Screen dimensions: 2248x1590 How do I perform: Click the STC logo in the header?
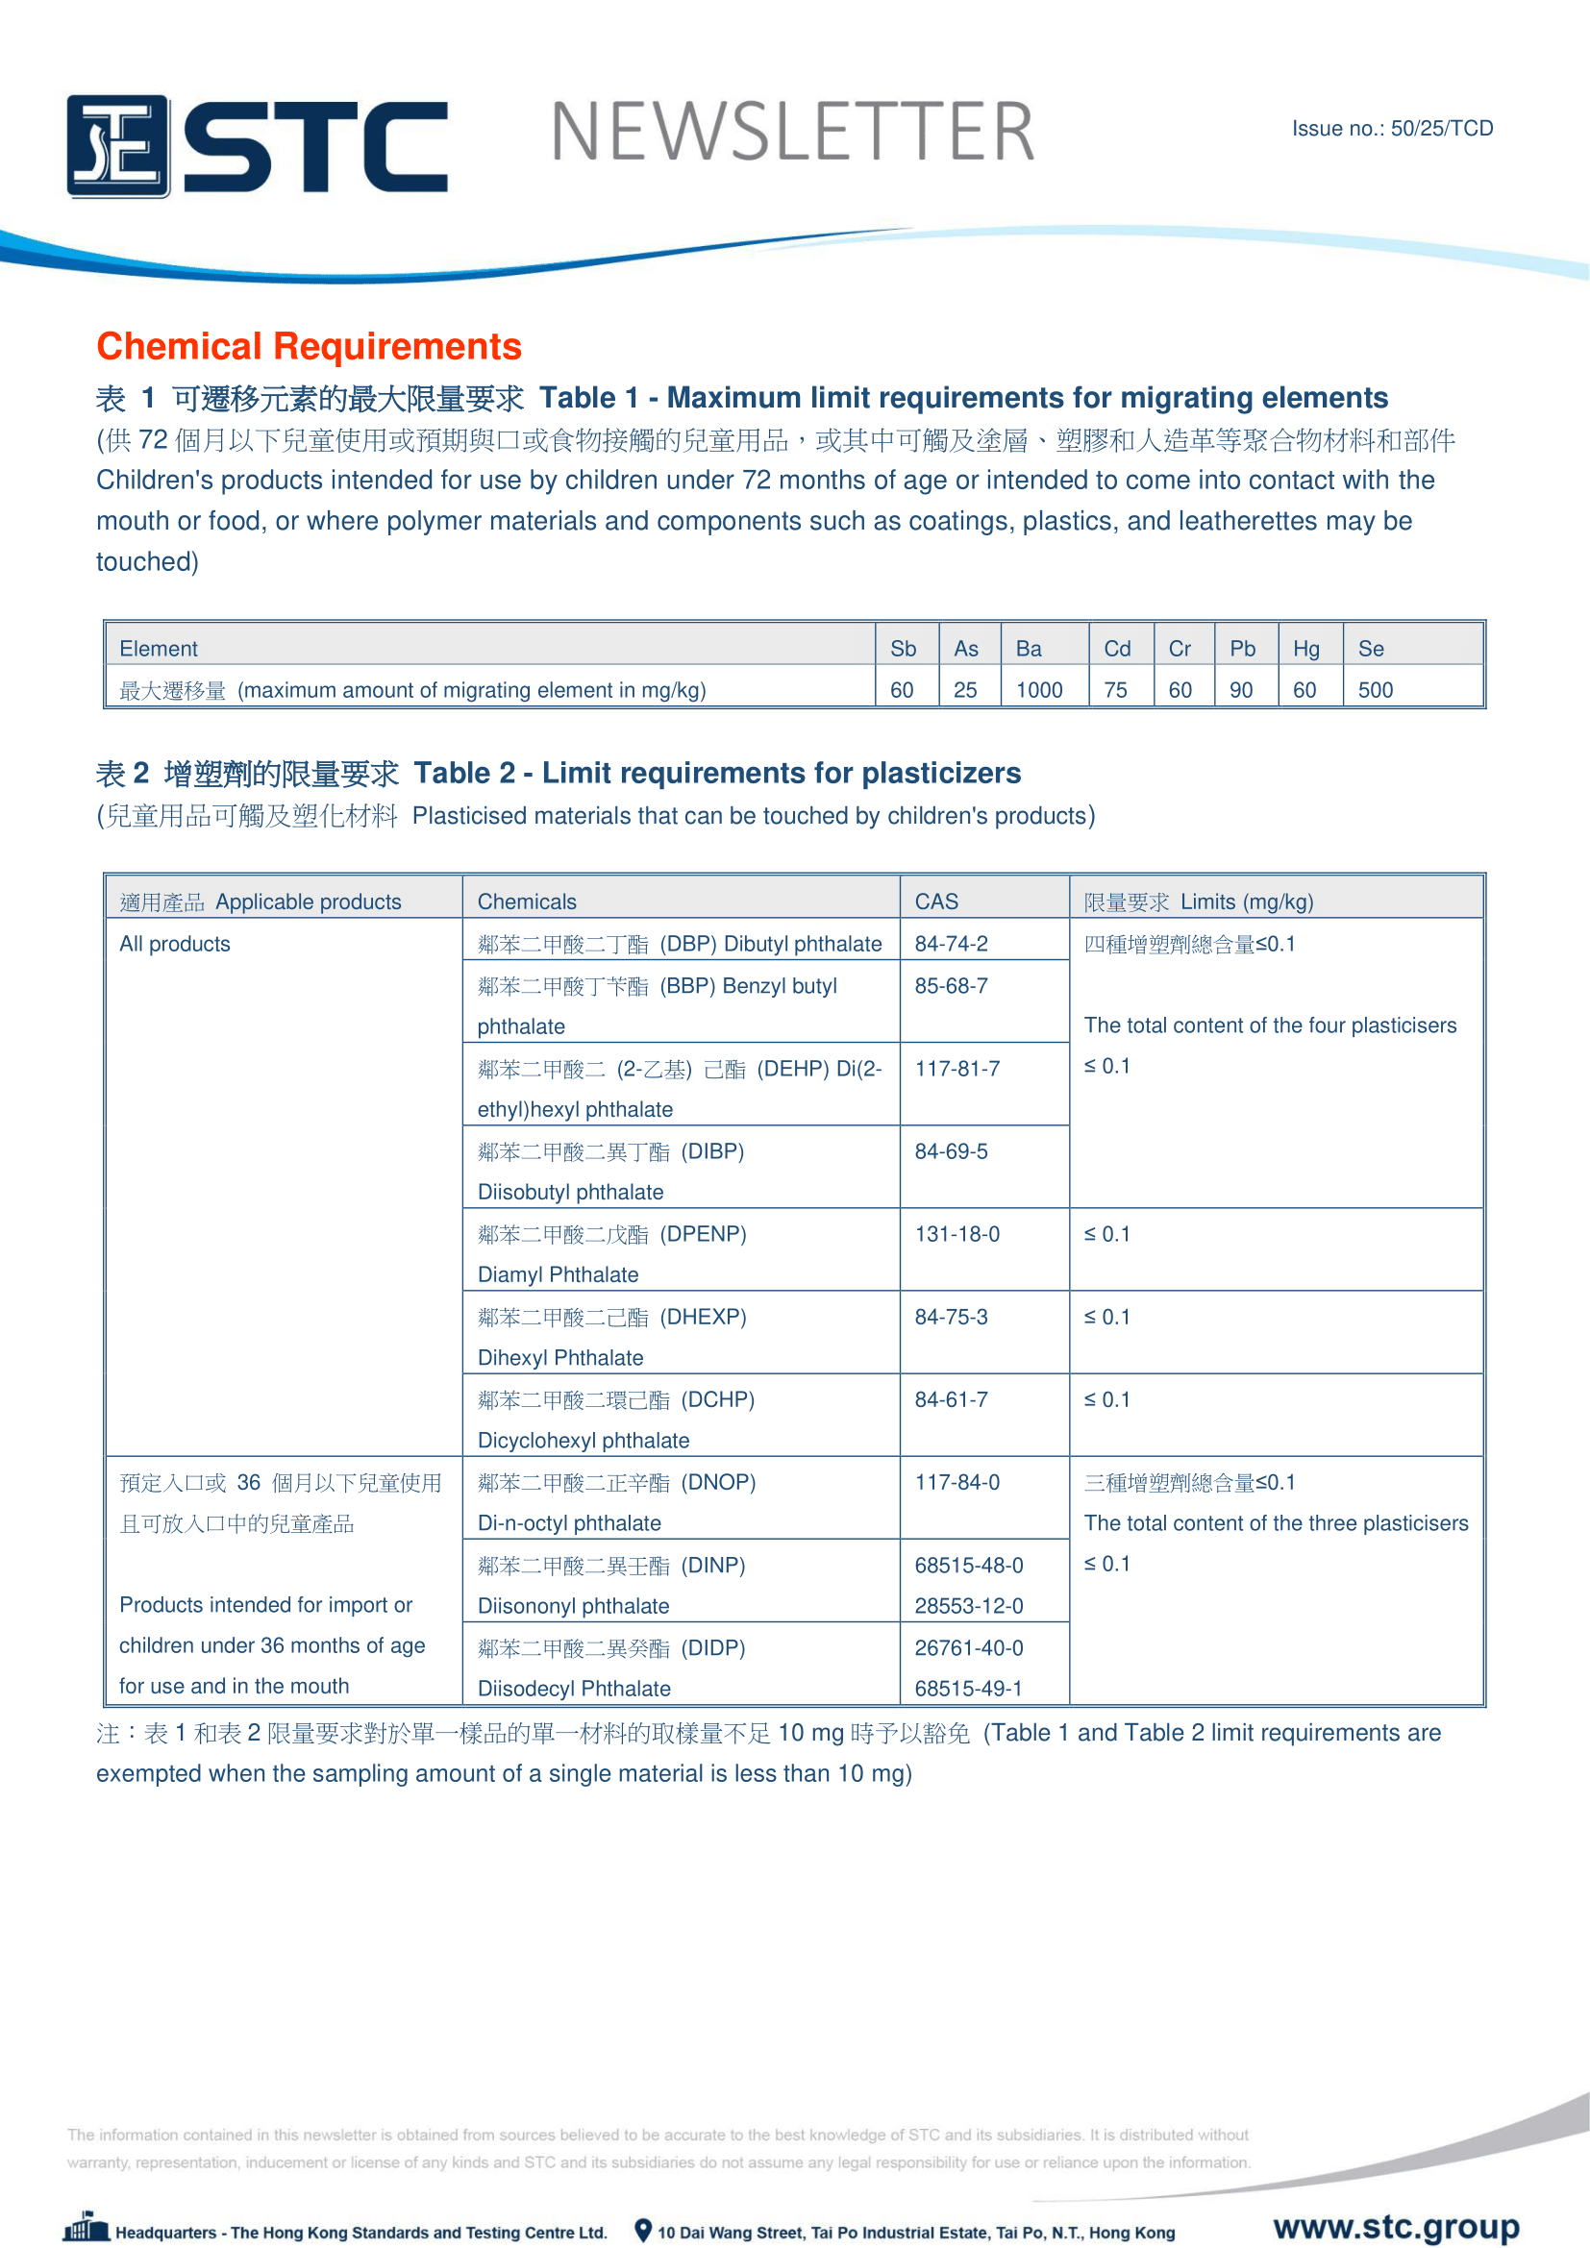point(257,146)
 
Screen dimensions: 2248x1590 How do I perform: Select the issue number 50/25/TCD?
point(1441,128)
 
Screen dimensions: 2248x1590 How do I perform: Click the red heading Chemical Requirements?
point(309,347)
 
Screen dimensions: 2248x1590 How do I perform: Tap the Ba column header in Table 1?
point(1028,648)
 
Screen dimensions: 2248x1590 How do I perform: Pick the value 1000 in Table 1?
point(1039,690)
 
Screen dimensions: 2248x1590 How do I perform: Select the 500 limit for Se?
point(1375,690)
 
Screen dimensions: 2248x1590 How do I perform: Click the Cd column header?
point(1117,648)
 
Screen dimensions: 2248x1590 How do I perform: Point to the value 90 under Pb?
point(1240,690)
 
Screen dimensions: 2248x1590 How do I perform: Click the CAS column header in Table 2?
point(936,902)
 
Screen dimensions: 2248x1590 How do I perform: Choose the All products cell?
point(175,944)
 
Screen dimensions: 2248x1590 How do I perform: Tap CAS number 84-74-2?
point(951,944)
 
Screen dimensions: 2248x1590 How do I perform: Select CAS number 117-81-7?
point(956,1068)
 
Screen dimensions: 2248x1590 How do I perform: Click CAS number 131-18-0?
point(956,1234)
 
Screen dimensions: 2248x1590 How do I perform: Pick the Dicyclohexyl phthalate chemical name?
point(584,1441)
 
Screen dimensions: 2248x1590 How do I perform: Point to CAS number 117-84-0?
point(956,1482)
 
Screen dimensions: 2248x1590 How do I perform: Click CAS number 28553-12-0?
point(968,1606)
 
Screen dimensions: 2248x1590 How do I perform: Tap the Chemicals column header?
point(527,902)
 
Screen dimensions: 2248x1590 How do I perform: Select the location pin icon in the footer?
point(643,2230)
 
